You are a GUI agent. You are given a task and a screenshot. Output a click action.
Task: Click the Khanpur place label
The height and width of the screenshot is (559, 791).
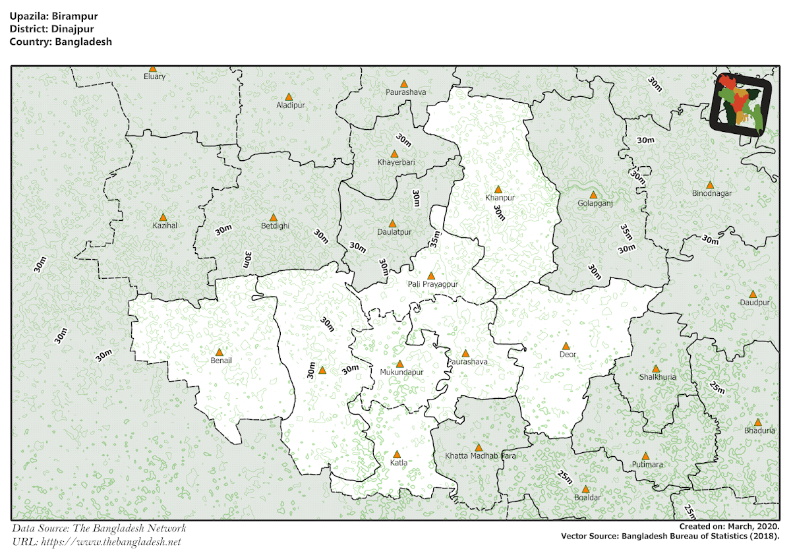pyautogui.click(x=499, y=198)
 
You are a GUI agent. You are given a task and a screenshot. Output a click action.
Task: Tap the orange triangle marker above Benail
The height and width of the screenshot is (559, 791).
pyautogui.click(x=220, y=352)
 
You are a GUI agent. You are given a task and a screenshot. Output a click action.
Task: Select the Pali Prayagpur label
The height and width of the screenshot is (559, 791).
pyautogui.click(x=432, y=284)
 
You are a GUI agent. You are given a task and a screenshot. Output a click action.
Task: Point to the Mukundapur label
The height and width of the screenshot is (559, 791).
pyautogui.click(x=401, y=372)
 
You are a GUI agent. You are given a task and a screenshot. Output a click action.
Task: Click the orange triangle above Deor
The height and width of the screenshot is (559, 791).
pyautogui.click(x=566, y=346)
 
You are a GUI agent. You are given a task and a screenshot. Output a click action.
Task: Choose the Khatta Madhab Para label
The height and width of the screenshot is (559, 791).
pyautogui.click(x=479, y=456)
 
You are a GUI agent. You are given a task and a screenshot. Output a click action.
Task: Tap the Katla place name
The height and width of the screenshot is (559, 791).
pyautogui.click(x=398, y=463)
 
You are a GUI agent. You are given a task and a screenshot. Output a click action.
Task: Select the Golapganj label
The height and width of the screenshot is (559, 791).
pyautogui.click(x=595, y=204)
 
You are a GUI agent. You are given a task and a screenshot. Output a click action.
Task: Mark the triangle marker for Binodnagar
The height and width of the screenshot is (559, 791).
pyautogui.click(x=710, y=185)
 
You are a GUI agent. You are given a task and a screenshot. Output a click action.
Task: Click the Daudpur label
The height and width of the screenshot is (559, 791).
pyautogui.click(x=754, y=303)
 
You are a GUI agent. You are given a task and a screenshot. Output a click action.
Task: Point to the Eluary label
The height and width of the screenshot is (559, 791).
pyautogui.click(x=154, y=76)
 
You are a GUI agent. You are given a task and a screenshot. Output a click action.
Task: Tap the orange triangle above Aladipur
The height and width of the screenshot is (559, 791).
pyautogui.click(x=289, y=97)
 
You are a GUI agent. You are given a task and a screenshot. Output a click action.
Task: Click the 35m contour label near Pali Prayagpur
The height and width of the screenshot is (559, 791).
pyautogui.click(x=434, y=239)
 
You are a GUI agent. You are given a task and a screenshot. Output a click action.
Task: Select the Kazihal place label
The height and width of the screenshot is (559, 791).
pyautogui.click(x=164, y=225)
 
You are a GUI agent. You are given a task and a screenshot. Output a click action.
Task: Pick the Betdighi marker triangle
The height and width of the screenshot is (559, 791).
pyautogui.click(x=274, y=217)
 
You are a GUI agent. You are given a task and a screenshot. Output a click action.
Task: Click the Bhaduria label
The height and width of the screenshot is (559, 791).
pyautogui.click(x=759, y=430)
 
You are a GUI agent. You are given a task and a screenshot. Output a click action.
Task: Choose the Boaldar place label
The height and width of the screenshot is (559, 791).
pyautogui.click(x=587, y=497)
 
